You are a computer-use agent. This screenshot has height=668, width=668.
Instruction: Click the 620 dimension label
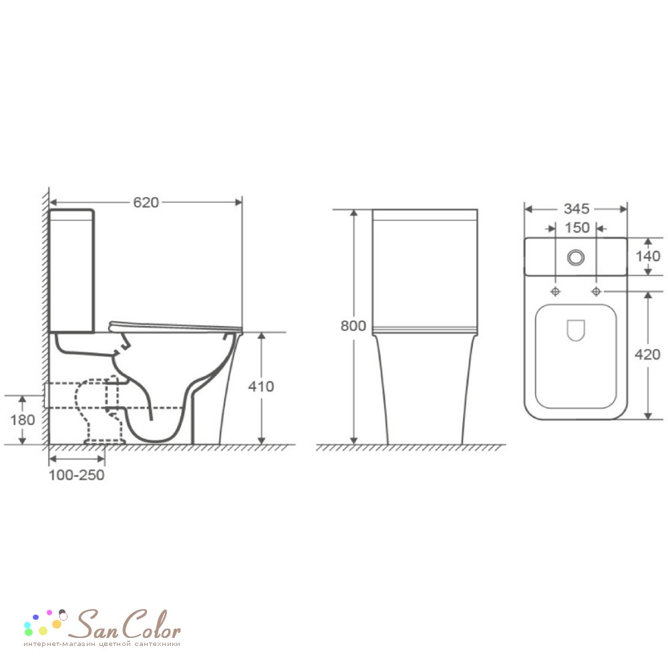146,202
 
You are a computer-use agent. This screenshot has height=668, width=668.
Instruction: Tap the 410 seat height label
261,386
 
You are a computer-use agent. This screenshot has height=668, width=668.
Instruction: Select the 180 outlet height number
23,420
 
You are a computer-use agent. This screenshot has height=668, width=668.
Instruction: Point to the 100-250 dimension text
77,475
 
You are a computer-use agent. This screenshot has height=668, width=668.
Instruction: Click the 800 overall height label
353,326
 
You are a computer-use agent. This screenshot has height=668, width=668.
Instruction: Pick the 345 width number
576,208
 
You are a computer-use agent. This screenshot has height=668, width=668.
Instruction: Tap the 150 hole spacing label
577,228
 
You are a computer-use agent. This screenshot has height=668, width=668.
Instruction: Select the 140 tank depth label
648,256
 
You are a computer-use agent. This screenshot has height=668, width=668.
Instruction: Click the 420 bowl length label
647,355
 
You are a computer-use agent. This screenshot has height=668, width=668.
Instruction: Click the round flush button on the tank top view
576,257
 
